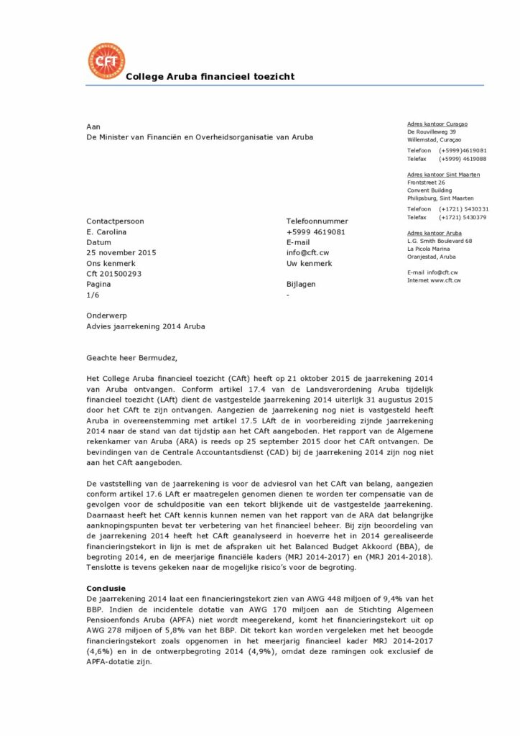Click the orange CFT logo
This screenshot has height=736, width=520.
click(106, 61)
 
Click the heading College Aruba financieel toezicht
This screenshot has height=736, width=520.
click(210, 77)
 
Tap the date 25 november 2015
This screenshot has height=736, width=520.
click(121, 253)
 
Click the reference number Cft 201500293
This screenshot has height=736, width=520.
click(113, 274)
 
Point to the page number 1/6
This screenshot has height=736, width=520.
click(93, 295)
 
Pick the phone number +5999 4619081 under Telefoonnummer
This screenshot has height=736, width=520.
click(315, 232)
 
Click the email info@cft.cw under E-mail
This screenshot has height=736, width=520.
click(307, 253)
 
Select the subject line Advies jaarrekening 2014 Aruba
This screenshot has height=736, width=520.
click(146, 326)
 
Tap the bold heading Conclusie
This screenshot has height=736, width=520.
click(106, 588)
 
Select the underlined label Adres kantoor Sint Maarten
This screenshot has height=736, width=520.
click(443, 175)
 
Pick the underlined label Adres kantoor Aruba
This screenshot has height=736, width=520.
click(434, 233)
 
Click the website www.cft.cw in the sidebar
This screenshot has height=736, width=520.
click(445, 280)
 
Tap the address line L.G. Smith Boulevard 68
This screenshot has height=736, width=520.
click(439, 241)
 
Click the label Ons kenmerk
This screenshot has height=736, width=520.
click(110, 264)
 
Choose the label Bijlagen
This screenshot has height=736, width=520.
click(301, 285)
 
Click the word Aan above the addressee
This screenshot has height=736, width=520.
click(93, 126)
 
